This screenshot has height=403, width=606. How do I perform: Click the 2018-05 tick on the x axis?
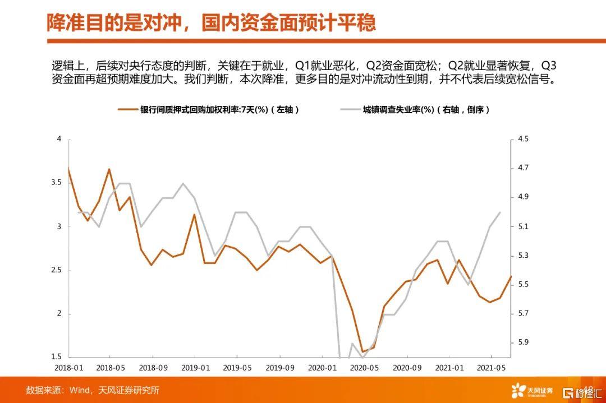click(111, 368)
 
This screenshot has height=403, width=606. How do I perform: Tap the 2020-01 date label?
click(322, 368)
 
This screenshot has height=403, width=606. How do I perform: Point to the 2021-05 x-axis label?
click(491, 368)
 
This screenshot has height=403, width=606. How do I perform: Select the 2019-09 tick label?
click(280, 368)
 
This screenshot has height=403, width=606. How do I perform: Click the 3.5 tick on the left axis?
click(57, 182)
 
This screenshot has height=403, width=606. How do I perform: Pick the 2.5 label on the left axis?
click(57, 270)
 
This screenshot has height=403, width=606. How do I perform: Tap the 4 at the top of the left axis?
click(59, 138)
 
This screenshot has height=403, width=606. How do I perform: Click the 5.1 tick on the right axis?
click(524, 226)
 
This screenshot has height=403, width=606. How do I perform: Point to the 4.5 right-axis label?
click(524, 138)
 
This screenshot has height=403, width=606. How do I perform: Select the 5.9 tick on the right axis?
click(524, 342)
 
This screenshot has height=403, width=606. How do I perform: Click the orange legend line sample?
click(127, 110)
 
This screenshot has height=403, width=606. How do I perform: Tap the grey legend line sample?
click(350, 110)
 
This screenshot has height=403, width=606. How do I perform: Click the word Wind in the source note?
click(79, 390)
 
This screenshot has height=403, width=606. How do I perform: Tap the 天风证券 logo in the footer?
click(532, 391)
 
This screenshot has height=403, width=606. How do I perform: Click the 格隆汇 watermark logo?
click(582, 393)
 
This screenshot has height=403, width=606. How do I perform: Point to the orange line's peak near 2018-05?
click(109, 169)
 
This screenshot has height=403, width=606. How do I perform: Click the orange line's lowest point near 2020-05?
click(362, 351)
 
